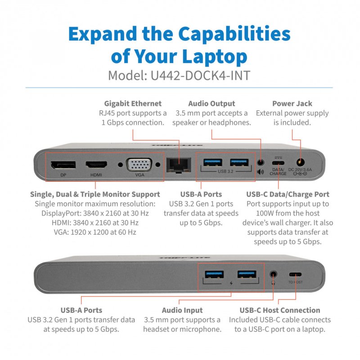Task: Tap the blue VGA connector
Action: click(139, 165)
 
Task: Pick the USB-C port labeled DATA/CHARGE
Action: click(278, 163)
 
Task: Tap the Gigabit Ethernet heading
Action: click(133, 103)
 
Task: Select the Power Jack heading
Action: click(292, 103)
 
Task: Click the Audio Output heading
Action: click(211, 103)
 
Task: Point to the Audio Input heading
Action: click(182, 310)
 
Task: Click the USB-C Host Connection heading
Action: click(280, 310)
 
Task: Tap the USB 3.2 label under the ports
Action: click(225, 171)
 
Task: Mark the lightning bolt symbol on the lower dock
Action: click(231, 283)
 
